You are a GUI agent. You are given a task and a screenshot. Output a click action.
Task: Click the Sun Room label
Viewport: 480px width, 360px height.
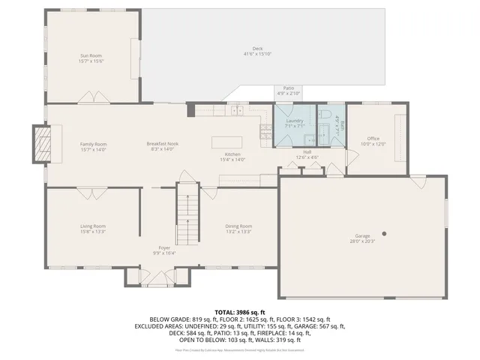point(93,55)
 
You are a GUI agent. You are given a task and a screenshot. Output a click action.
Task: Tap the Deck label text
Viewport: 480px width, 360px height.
point(257,49)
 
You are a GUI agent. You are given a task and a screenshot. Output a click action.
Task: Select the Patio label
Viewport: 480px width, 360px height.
point(288,88)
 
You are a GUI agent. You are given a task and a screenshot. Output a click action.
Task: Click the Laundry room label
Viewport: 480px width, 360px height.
point(294,121)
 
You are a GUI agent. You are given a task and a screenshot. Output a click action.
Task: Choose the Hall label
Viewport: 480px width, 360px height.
point(307,151)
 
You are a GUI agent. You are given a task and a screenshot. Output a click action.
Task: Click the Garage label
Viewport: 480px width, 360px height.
point(363,235)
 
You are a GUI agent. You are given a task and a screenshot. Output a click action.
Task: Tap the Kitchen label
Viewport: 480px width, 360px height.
point(232,154)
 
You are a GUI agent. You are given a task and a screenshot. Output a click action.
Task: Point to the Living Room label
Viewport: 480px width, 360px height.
point(93,226)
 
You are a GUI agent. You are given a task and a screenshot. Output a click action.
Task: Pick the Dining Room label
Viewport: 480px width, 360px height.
point(238,226)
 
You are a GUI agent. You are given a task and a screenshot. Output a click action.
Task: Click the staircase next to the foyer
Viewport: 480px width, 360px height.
point(186,217)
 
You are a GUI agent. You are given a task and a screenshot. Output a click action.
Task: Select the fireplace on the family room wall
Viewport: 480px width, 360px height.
point(42,142)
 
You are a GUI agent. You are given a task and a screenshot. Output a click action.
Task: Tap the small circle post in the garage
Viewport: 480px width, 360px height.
point(382,232)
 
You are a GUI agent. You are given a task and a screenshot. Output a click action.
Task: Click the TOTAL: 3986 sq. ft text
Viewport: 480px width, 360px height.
point(240,311)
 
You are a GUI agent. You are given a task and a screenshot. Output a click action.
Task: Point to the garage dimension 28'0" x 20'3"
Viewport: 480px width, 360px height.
point(363,241)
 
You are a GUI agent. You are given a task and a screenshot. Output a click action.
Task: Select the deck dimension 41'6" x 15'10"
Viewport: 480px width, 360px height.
point(257,54)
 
